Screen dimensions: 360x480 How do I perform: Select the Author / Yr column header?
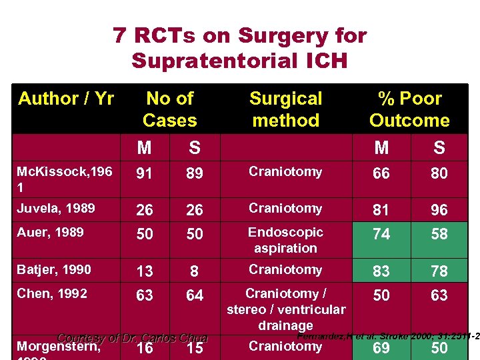click(66, 99)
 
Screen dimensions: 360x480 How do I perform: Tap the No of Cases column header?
click(169, 109)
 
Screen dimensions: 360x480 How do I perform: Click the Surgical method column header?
click(285, 109)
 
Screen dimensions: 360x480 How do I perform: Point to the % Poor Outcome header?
click(409, 109)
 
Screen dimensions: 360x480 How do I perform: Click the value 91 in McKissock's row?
click(145, 173)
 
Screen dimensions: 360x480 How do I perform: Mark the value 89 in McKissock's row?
click(195, 173)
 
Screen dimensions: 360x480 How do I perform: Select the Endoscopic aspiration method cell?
click(285, 240)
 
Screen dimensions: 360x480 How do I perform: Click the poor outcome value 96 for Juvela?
click(439, 210)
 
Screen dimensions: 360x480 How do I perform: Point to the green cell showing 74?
click(381, 234)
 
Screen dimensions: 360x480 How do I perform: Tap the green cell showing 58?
click(439, 234)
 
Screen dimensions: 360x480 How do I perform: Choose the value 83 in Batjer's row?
click(381, 271)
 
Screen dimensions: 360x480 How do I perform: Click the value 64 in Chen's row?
click(195, 295)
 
